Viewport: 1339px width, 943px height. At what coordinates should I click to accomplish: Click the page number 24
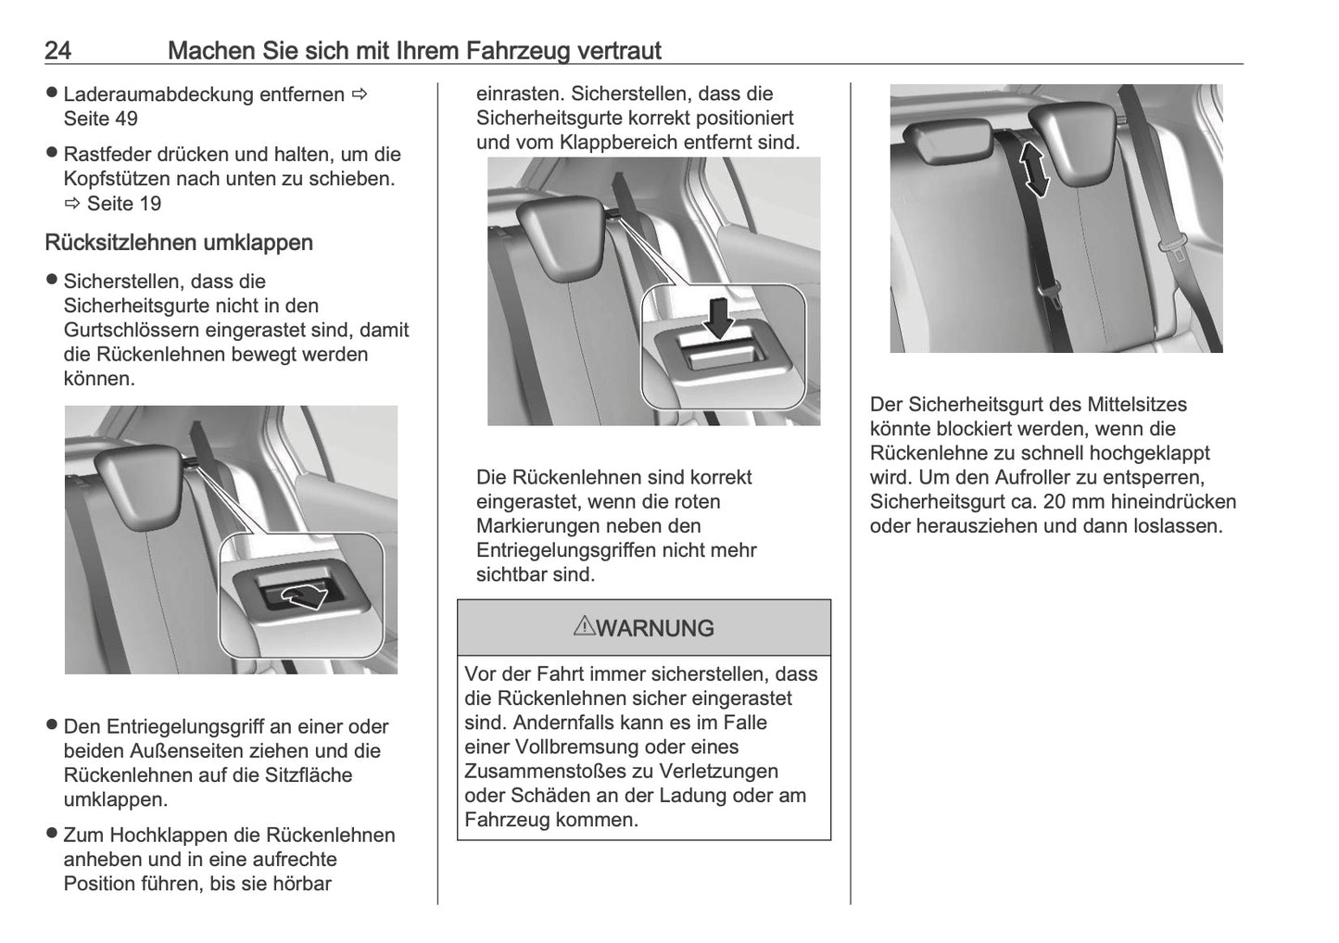pyautogui.click(x=57, y=50)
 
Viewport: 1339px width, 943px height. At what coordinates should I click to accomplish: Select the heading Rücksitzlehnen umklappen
pyautogui.click(x=179, y=243)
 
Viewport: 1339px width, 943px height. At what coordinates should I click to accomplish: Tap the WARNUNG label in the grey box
pyautogui.click(x=655, y=629)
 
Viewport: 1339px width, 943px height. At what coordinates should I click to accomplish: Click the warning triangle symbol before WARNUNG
pyautogui.click(x=584, y=627)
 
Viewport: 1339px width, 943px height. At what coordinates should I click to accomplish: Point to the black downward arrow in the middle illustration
pyautogui.click(x=719, y=319)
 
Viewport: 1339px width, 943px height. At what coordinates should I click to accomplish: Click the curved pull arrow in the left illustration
pyautogui.click(x=305, y=596)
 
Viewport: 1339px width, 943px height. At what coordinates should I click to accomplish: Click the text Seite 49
pyautogui.click(x=100, y=119)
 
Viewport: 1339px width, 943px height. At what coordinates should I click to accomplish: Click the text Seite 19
pyautogui.click(x=124, y=204)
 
